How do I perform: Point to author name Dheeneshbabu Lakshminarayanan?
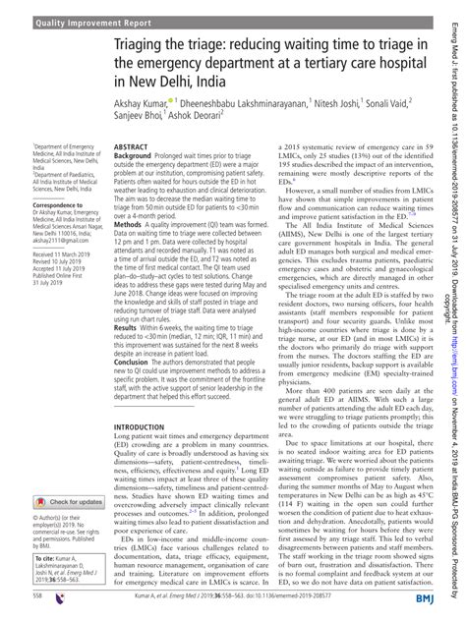[x=245, y=100]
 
